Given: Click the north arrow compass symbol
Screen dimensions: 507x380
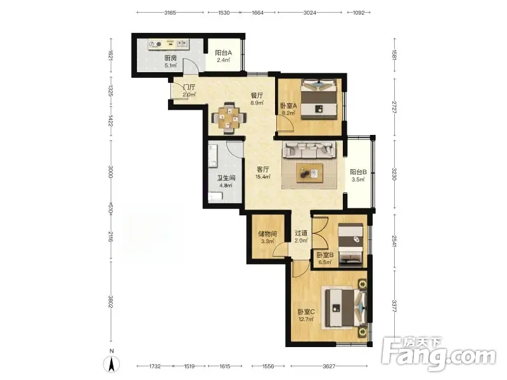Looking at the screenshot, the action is pyautogui.click(x=112, y=364).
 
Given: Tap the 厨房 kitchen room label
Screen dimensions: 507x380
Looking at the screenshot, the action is pyautogui.click(x=170, y=58).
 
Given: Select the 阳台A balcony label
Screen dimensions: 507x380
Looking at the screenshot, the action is pyautogui.click(x=224, y=53).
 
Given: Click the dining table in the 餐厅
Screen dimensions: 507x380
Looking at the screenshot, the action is pyautogui.click(x=229, y=118).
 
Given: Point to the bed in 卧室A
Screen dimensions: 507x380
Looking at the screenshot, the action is pyautogui.click(x=319, y=99).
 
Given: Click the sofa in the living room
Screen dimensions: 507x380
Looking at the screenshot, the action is pyautogui.click(x=309, y=149).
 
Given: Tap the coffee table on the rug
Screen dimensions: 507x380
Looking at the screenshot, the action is pyautogui.click(x=310, y=173).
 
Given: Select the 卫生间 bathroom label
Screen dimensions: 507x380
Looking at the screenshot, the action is pyautogui.click(x=226, y=178).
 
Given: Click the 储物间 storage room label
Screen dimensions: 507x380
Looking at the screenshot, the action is pyautogui.click(x=267, y=234).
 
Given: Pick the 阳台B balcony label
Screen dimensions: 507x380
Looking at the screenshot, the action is pyautogui.click(x=358, y=172).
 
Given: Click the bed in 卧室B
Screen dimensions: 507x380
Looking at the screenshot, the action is pyautogui.click(x=350, y=245).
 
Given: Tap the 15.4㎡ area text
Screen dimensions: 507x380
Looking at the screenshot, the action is pyautogui.click(x=262, y=177).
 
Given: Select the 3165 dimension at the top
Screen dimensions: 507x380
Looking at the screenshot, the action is pyautogui.click(x=170, y=13).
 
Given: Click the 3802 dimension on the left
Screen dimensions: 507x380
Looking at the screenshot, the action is pyautogui.click(x=110, y=301).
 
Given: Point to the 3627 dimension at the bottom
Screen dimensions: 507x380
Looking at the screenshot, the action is pyautogui.click(x=329, y=366).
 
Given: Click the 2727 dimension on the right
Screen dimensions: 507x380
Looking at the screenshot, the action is pyautogui.click(x=394, y=107).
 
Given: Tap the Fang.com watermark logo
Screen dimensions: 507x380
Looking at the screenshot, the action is pyautogui.click(x=439, y=354).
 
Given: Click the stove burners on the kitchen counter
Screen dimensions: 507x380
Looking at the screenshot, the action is pyautogui.click(x=155, y=44).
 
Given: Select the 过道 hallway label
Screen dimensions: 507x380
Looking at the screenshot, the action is pyautogui.click(x=301, y=232).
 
